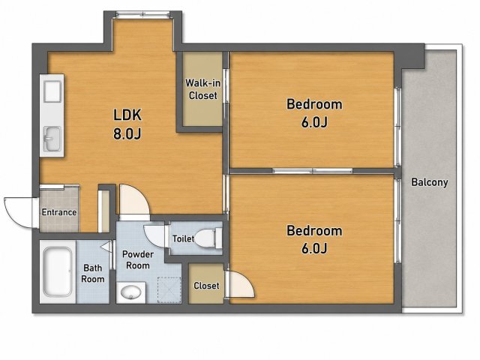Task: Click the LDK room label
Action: pos(127,115)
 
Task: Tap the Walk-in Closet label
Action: pos(202,89)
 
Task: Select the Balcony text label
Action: pos(430,182)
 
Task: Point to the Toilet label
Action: pos(183,238)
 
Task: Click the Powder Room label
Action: pos(138,260)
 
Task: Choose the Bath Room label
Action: pos(93,274)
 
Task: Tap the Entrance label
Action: pos(59,212)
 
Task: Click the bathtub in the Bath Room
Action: pos(58,271)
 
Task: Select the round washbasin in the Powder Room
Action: pos(130,292)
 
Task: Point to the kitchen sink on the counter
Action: pos(52,139)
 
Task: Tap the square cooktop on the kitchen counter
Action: pos(52,91)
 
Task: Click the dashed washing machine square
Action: pos(169,290)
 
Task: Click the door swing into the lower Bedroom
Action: pos(241,284)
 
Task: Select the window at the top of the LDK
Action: pos(143,14)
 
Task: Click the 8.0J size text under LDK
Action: pos(127,133)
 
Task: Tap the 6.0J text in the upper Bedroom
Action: pos(314,122)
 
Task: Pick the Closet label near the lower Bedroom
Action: pos(206,286)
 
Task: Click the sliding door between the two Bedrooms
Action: pos(313,171)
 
